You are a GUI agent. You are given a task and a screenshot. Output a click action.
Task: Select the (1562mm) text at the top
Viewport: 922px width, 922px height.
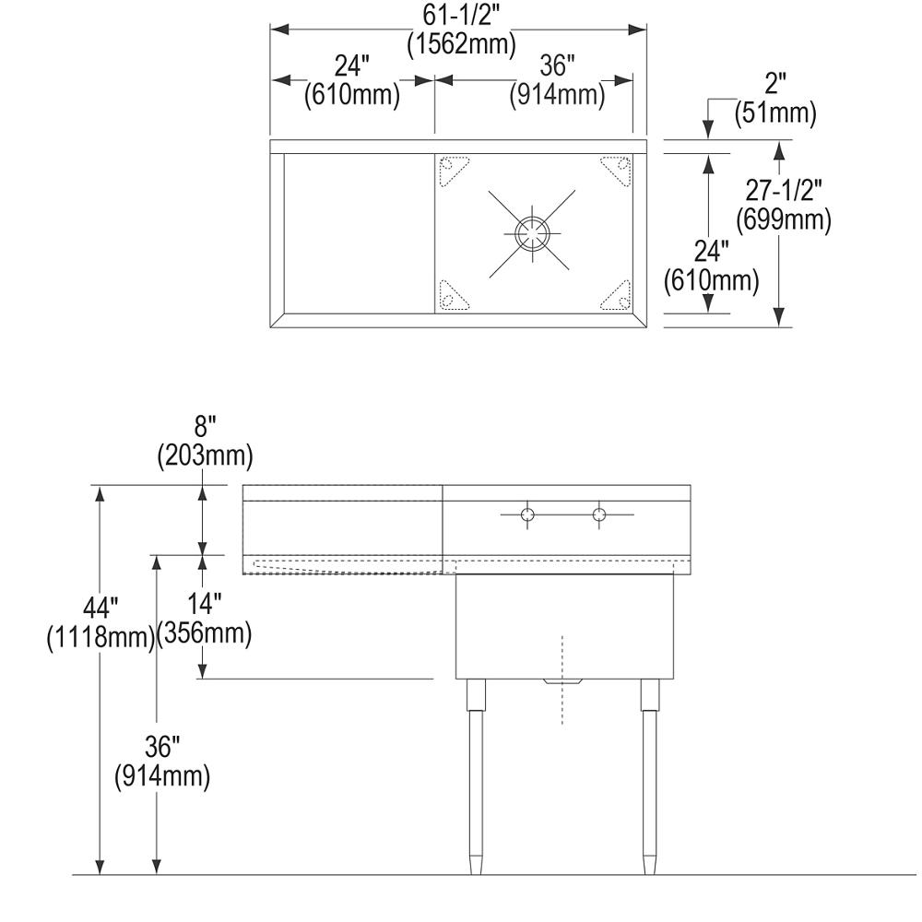tap(461, 43)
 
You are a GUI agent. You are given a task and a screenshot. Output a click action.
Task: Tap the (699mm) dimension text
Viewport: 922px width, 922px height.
tap(784, 220)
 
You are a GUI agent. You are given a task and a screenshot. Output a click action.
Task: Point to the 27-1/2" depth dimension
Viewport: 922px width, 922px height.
tap(784, 190)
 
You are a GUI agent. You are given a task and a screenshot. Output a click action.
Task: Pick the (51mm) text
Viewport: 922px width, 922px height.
tap(775, 113)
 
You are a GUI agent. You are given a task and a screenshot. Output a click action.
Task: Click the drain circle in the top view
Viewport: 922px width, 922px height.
tap(533, 232)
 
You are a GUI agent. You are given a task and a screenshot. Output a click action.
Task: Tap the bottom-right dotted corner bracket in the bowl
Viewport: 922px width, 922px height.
tap(616, 295)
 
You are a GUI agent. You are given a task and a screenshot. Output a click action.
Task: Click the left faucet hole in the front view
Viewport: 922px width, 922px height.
tap(526, 514)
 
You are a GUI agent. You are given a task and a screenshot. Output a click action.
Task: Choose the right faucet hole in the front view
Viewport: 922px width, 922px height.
tap(600, 514)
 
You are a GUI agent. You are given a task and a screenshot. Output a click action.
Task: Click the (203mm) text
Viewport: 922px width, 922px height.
tap(206, 455)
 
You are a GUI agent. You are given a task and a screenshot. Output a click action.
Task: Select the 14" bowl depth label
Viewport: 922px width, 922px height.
tap(205, 606)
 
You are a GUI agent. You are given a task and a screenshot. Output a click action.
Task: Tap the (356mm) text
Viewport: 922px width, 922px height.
tap(205, 634)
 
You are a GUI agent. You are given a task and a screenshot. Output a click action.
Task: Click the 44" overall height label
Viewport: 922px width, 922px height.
tap(100, 609)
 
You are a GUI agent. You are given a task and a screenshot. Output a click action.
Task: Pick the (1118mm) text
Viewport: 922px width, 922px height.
tap(100, 638)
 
